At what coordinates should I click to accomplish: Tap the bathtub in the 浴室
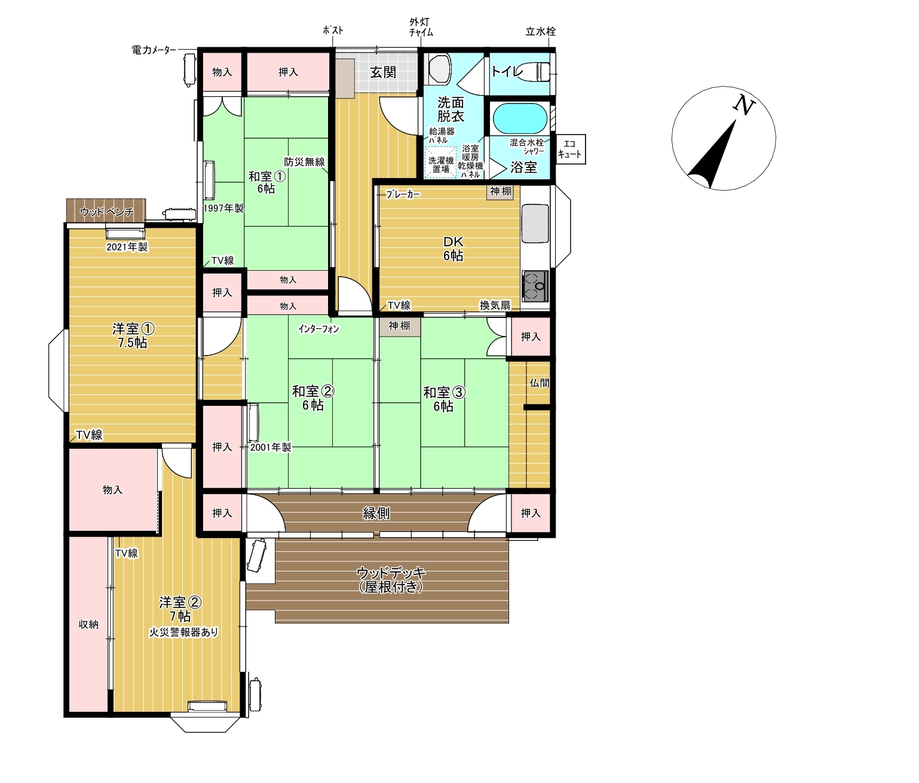click(x=520, y=119)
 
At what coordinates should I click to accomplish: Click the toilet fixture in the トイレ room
click(x=533, y=72)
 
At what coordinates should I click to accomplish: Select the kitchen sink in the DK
click(x=535, y=224)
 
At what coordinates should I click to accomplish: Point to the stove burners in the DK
click(x=535, y=286)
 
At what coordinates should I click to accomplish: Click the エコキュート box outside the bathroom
click(x=570, y=149)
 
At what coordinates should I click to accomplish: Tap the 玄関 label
click(x=383, y=72)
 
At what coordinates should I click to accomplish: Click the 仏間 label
click(x=540, y=383)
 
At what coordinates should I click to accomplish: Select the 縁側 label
click(x=376, y=513)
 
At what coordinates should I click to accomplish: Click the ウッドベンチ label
click(x=106, y=212)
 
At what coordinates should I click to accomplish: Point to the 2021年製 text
click(x=127, y=247)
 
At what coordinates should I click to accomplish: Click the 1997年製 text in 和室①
click(x=223, y=208)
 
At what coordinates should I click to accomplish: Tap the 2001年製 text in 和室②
click(x=271, y=447)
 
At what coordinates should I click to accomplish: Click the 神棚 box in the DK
click(x=500, y=192)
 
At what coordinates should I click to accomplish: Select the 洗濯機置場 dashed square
click(x=440, y=163)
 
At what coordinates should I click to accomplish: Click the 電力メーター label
click(x=154, y=50)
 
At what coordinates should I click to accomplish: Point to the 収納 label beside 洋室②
click(x=88, y=624)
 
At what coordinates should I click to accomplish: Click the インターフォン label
click(x=318, y=329)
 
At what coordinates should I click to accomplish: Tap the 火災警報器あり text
click(x=183, y=632)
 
